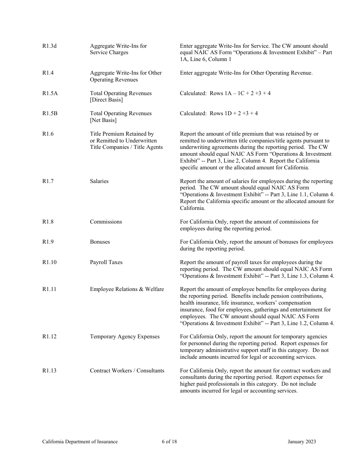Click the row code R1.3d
click(49, 46)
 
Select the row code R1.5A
click(50, 93)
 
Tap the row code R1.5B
click(50, 113)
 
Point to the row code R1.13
click(49, 371)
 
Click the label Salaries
click(99, 181)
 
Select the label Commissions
click(106, 222)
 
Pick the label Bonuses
click(100, 242)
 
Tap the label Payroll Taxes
click(106, 262)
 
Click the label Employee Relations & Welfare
click(127, 289)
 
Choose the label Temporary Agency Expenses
click(125, 336)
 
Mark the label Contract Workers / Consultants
click(127, 371)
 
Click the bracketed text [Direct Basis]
click(106, 100)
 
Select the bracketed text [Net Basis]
click(103, 120)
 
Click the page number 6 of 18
click(169, 441)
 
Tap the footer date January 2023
click(302, 441)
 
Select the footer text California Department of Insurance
click(80, 441)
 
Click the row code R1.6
click(48, 134)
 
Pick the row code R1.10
click(49, 262)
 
